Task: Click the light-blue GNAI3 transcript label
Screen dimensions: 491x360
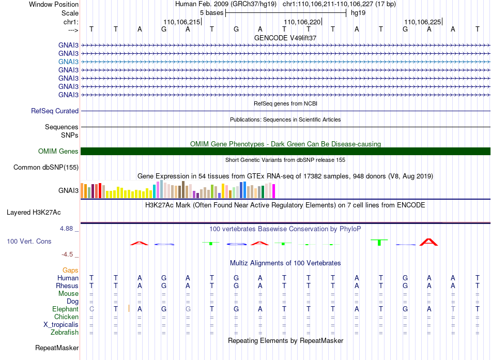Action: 68,62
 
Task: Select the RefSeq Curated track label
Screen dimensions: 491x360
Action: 55,111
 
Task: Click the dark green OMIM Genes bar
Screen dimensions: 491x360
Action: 285,152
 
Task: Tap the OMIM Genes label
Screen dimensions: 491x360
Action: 58,152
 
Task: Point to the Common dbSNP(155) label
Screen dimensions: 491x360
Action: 46,167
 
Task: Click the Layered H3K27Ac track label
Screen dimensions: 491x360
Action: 34,213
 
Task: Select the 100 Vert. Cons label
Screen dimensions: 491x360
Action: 29,241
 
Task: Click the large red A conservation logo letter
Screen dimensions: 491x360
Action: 428,242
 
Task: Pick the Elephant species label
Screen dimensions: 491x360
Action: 65,309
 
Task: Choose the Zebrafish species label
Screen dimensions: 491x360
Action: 65,333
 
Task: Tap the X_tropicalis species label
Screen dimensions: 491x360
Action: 61,325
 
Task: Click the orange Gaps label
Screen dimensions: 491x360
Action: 70,270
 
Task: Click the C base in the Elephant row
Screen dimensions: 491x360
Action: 91,309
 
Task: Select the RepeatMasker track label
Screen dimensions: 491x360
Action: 57,348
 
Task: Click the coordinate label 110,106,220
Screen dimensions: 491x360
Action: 302,22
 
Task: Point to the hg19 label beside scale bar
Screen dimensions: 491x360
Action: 358,13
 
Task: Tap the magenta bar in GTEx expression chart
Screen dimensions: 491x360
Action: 274,191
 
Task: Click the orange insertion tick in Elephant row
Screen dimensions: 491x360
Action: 129,309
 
